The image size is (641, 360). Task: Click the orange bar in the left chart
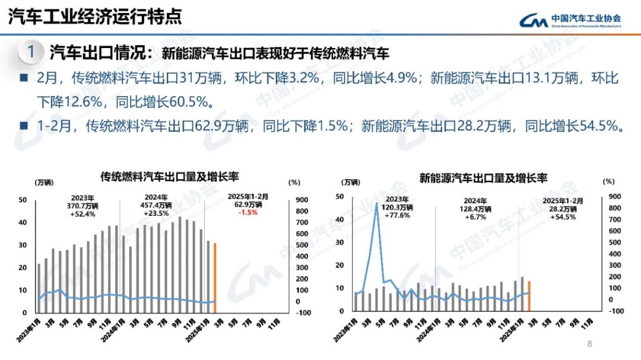click(x=215, y=277)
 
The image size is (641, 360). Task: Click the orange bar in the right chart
click(x=529, y=295)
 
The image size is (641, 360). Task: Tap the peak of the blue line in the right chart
click(x=376, y=203)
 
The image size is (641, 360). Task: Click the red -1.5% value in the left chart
click(x=248, y=212)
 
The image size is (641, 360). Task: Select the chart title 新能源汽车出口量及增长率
click(x=483, y=177)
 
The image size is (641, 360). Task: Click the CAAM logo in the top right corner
click(x=570, y=20)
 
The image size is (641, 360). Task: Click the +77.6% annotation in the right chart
click(x=397, y=216)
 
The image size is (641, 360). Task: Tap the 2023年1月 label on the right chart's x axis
click(x=347, y=329)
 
